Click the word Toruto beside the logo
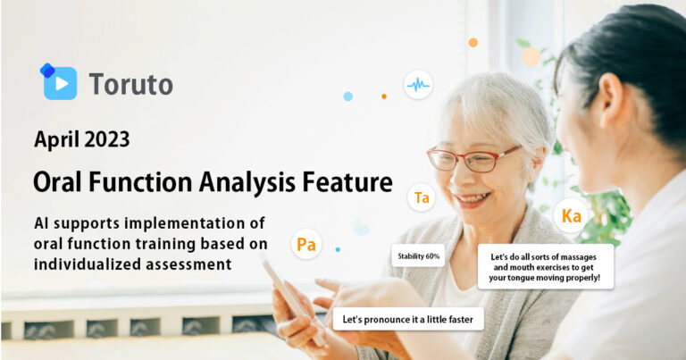[130, 85]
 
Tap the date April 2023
[81, 139]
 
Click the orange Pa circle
[306, 244]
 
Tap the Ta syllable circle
[422, 198]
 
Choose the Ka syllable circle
[572, 216]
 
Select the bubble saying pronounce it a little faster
[409, 318]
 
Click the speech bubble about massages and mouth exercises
[545, 266]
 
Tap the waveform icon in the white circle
[417, 85]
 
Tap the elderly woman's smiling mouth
[472, 197]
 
